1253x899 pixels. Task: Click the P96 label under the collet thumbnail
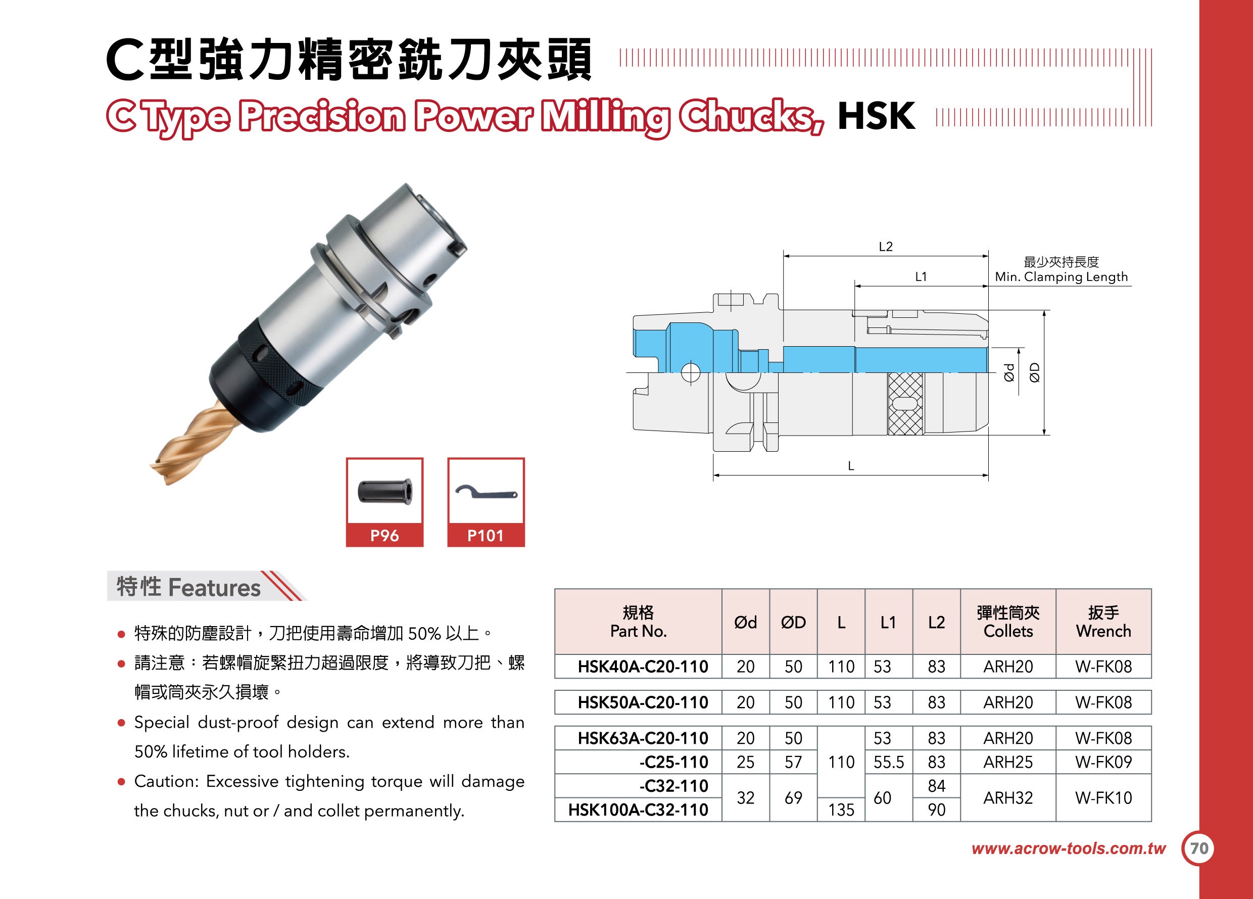pyautogui.click(x=384, y=536)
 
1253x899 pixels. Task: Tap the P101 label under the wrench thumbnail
pyautogui.click(x=486, y=536)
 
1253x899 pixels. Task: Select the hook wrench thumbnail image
pyautogui.click(x=486, y=492)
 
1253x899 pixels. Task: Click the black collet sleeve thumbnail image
pyautogui.click(x=384, y=491)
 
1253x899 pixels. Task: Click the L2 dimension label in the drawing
pyautogui.click(x=886, y=247)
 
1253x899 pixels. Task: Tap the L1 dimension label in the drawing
pyautogui.click(x=921, y=277)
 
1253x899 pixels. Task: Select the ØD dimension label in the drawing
pyautogui.click(x=1035, y=372)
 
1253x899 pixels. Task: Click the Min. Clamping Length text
pyautogui.click(x=1062, y=277)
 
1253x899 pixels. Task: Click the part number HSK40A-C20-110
pyautogui.click(x=643, y=667)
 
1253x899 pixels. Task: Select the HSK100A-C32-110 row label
pyautogui.click(x=638, y=810)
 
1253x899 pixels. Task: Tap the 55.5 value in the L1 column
pyautogui.click(x=889, y=762)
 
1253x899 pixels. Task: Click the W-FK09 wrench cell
pyautogui.click(x=1103, y=762)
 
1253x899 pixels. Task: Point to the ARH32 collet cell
pyautogui.click(x=1008, y=797)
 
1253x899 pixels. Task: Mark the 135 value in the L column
pyautogui.click(x=841, y=810)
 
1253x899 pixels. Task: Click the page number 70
pyautogui.click(x=1199, y=848)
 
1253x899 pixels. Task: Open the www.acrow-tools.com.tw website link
pyautogui.click(x=1069, y=848)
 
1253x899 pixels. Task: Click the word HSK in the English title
pyautogui.click(x=876, y=116)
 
